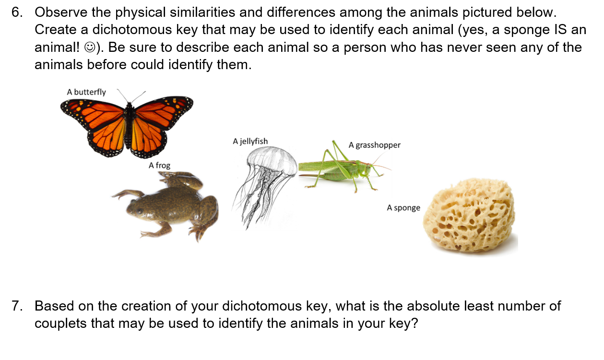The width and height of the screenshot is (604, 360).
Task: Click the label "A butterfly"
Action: click(86, 92)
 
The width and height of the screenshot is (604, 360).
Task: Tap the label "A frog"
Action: click(159, 165)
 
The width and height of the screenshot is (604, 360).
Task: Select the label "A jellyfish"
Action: click(250, 141)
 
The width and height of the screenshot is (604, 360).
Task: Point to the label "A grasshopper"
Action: click(374, 145)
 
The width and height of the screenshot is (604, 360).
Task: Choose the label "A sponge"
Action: click(403, 208)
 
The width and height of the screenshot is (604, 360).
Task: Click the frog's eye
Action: click(139, 210)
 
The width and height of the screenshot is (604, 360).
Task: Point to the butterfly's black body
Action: click(128, 127)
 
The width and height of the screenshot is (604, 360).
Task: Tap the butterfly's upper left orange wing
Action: click(94, 113)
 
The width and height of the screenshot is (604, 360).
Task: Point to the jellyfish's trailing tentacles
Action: click(254, 202)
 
